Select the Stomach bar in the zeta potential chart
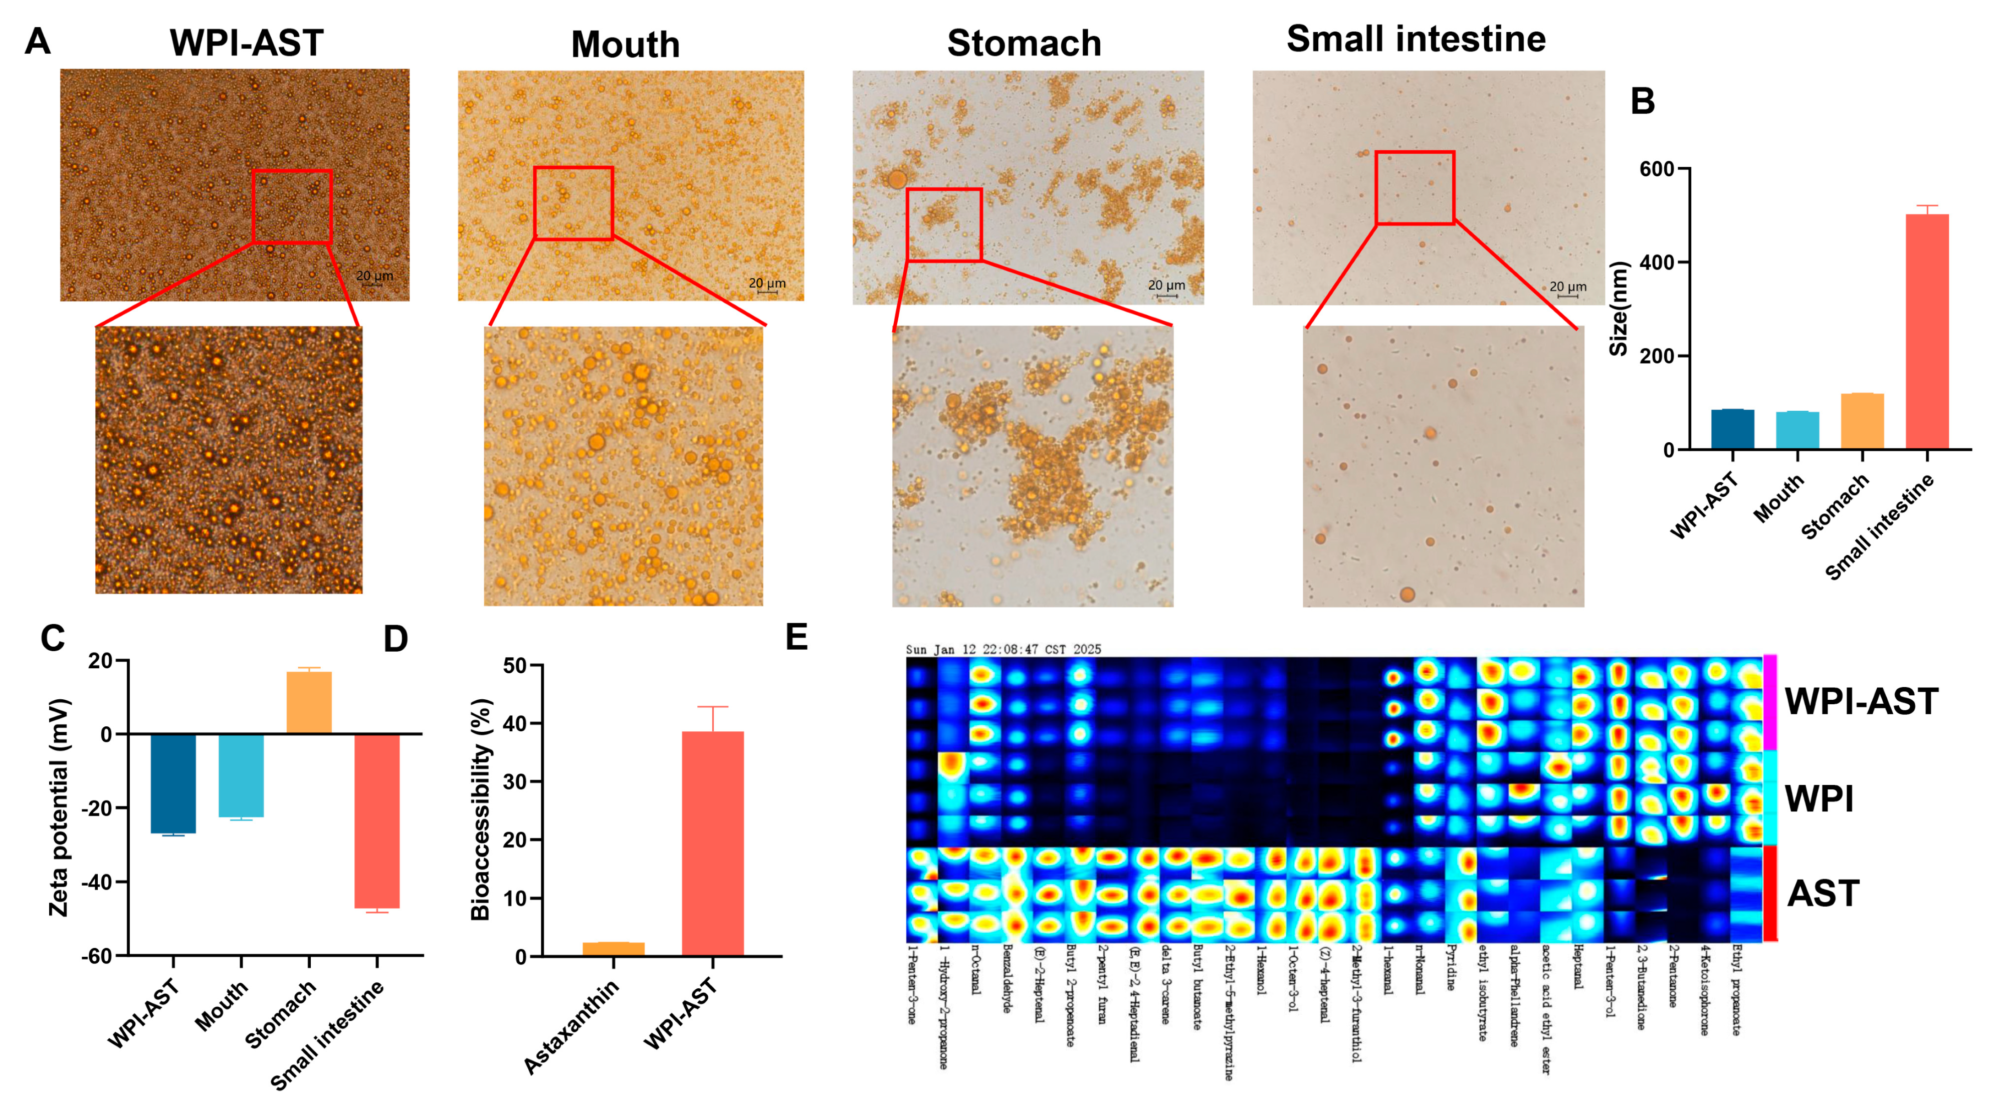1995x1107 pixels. click(309, 702)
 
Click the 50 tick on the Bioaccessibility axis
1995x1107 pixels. click(515, 666)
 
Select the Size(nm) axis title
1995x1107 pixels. click(1619, 308)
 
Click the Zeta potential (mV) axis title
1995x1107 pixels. click(59, 807)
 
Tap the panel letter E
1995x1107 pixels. click(796, 637)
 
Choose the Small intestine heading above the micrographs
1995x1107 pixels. click(1416, 39)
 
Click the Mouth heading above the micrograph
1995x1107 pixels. click(625, 44)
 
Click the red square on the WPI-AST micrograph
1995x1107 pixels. click(292, 207)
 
